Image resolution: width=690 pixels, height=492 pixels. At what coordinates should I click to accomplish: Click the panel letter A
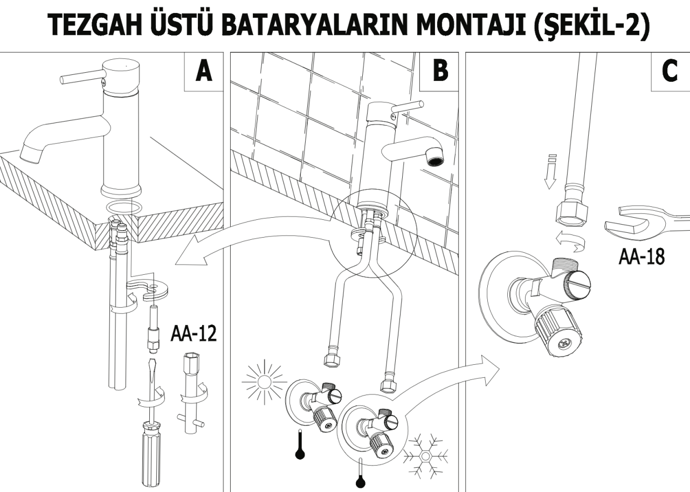203,71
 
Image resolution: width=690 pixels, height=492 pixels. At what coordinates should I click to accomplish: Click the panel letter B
440,71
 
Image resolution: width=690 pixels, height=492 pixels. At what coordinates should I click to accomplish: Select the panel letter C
670,71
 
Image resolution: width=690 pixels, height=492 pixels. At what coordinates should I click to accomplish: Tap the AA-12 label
194,334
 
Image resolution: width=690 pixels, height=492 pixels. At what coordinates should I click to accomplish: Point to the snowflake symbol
426,456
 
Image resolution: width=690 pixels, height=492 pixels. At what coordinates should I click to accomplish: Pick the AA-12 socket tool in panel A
190,393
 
